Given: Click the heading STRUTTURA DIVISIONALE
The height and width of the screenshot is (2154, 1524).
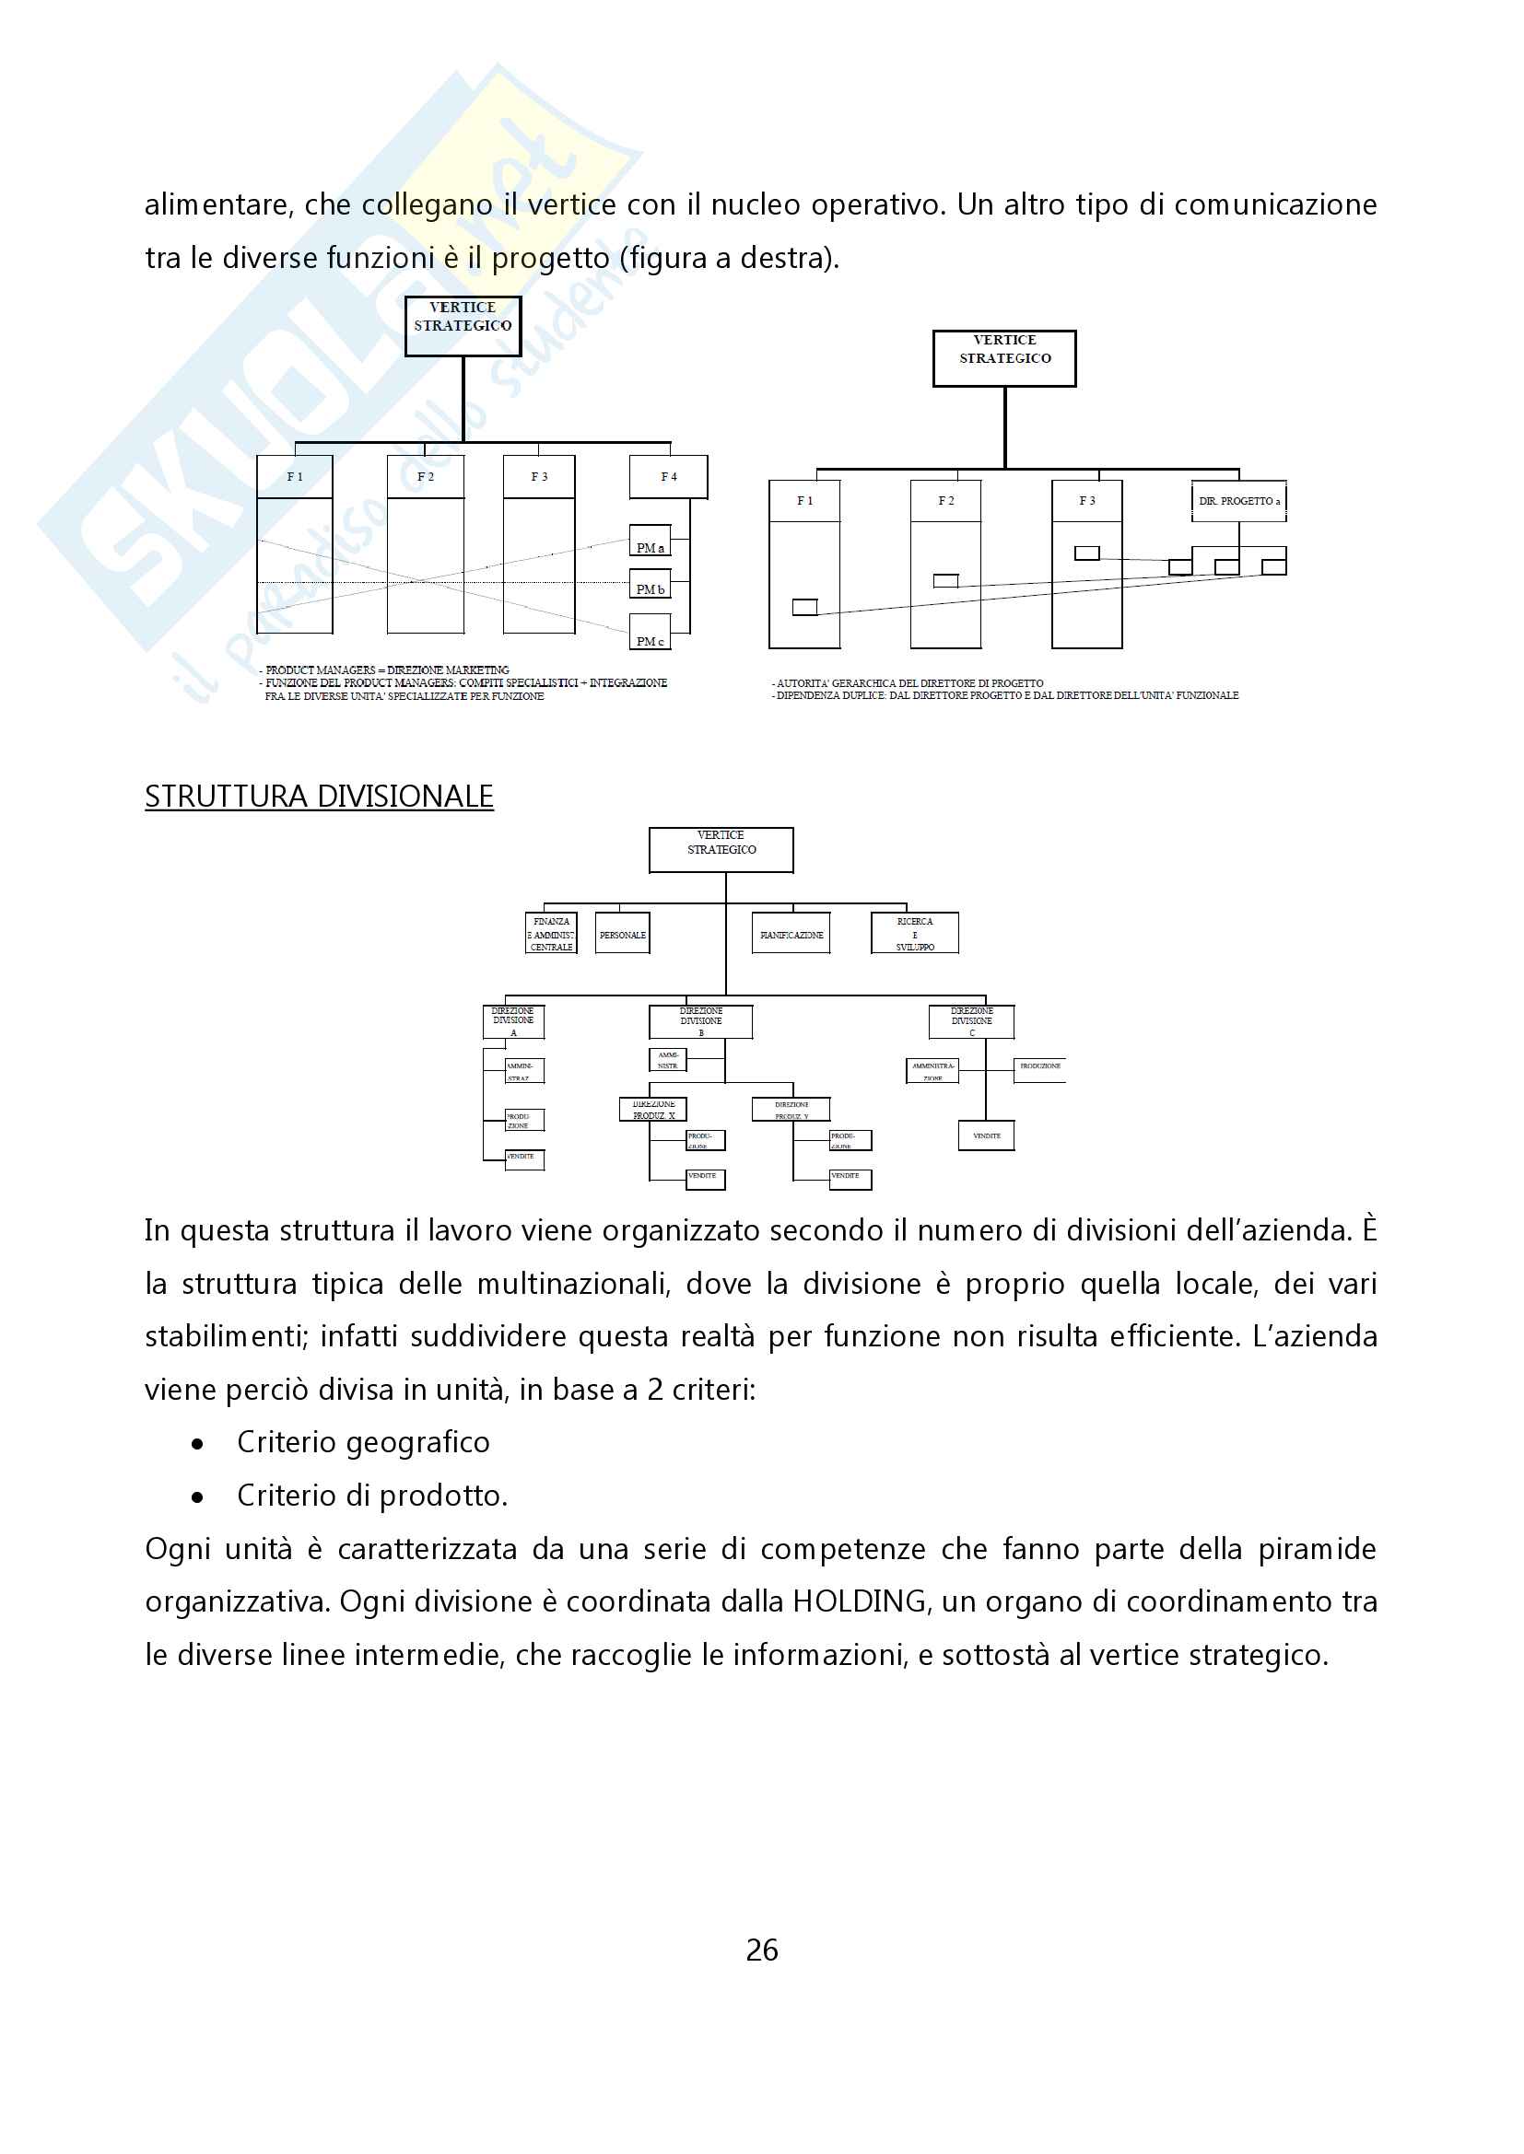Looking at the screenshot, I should [x=319, y=797].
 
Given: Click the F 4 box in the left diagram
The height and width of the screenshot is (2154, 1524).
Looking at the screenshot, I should [x=668, y=477].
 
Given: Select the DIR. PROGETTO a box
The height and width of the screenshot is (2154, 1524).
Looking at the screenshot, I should [x=1238, y=501].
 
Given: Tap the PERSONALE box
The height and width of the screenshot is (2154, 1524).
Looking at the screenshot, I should [x=622, y=935].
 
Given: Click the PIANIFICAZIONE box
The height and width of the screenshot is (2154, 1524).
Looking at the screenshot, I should [x=791, y=935].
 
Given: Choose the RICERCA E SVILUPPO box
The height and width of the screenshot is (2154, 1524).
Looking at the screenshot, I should [x=915, y=934].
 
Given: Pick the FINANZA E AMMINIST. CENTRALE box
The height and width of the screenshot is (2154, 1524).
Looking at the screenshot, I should [x=551, y=935].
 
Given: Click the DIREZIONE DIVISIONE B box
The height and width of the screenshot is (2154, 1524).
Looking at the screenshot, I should [x=701, y=1021].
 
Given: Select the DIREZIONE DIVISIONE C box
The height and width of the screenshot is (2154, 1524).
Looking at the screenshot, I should [x=971, y=1021].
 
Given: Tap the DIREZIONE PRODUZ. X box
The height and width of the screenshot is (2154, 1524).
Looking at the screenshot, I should [x=653, y=1110].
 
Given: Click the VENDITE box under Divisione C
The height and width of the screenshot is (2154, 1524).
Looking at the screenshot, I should [x=986, y=1136].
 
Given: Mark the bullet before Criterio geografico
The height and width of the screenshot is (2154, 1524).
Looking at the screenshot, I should [x=197, y=1445].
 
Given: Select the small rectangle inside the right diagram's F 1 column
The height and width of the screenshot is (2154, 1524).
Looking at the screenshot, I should [x=804, y=608].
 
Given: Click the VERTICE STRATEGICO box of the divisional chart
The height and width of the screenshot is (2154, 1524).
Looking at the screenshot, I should [x=721, y=850].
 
